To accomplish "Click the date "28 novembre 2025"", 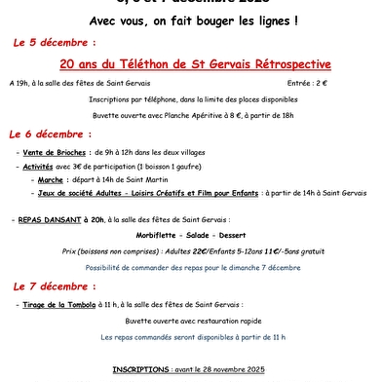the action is click(x=226, y=370).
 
